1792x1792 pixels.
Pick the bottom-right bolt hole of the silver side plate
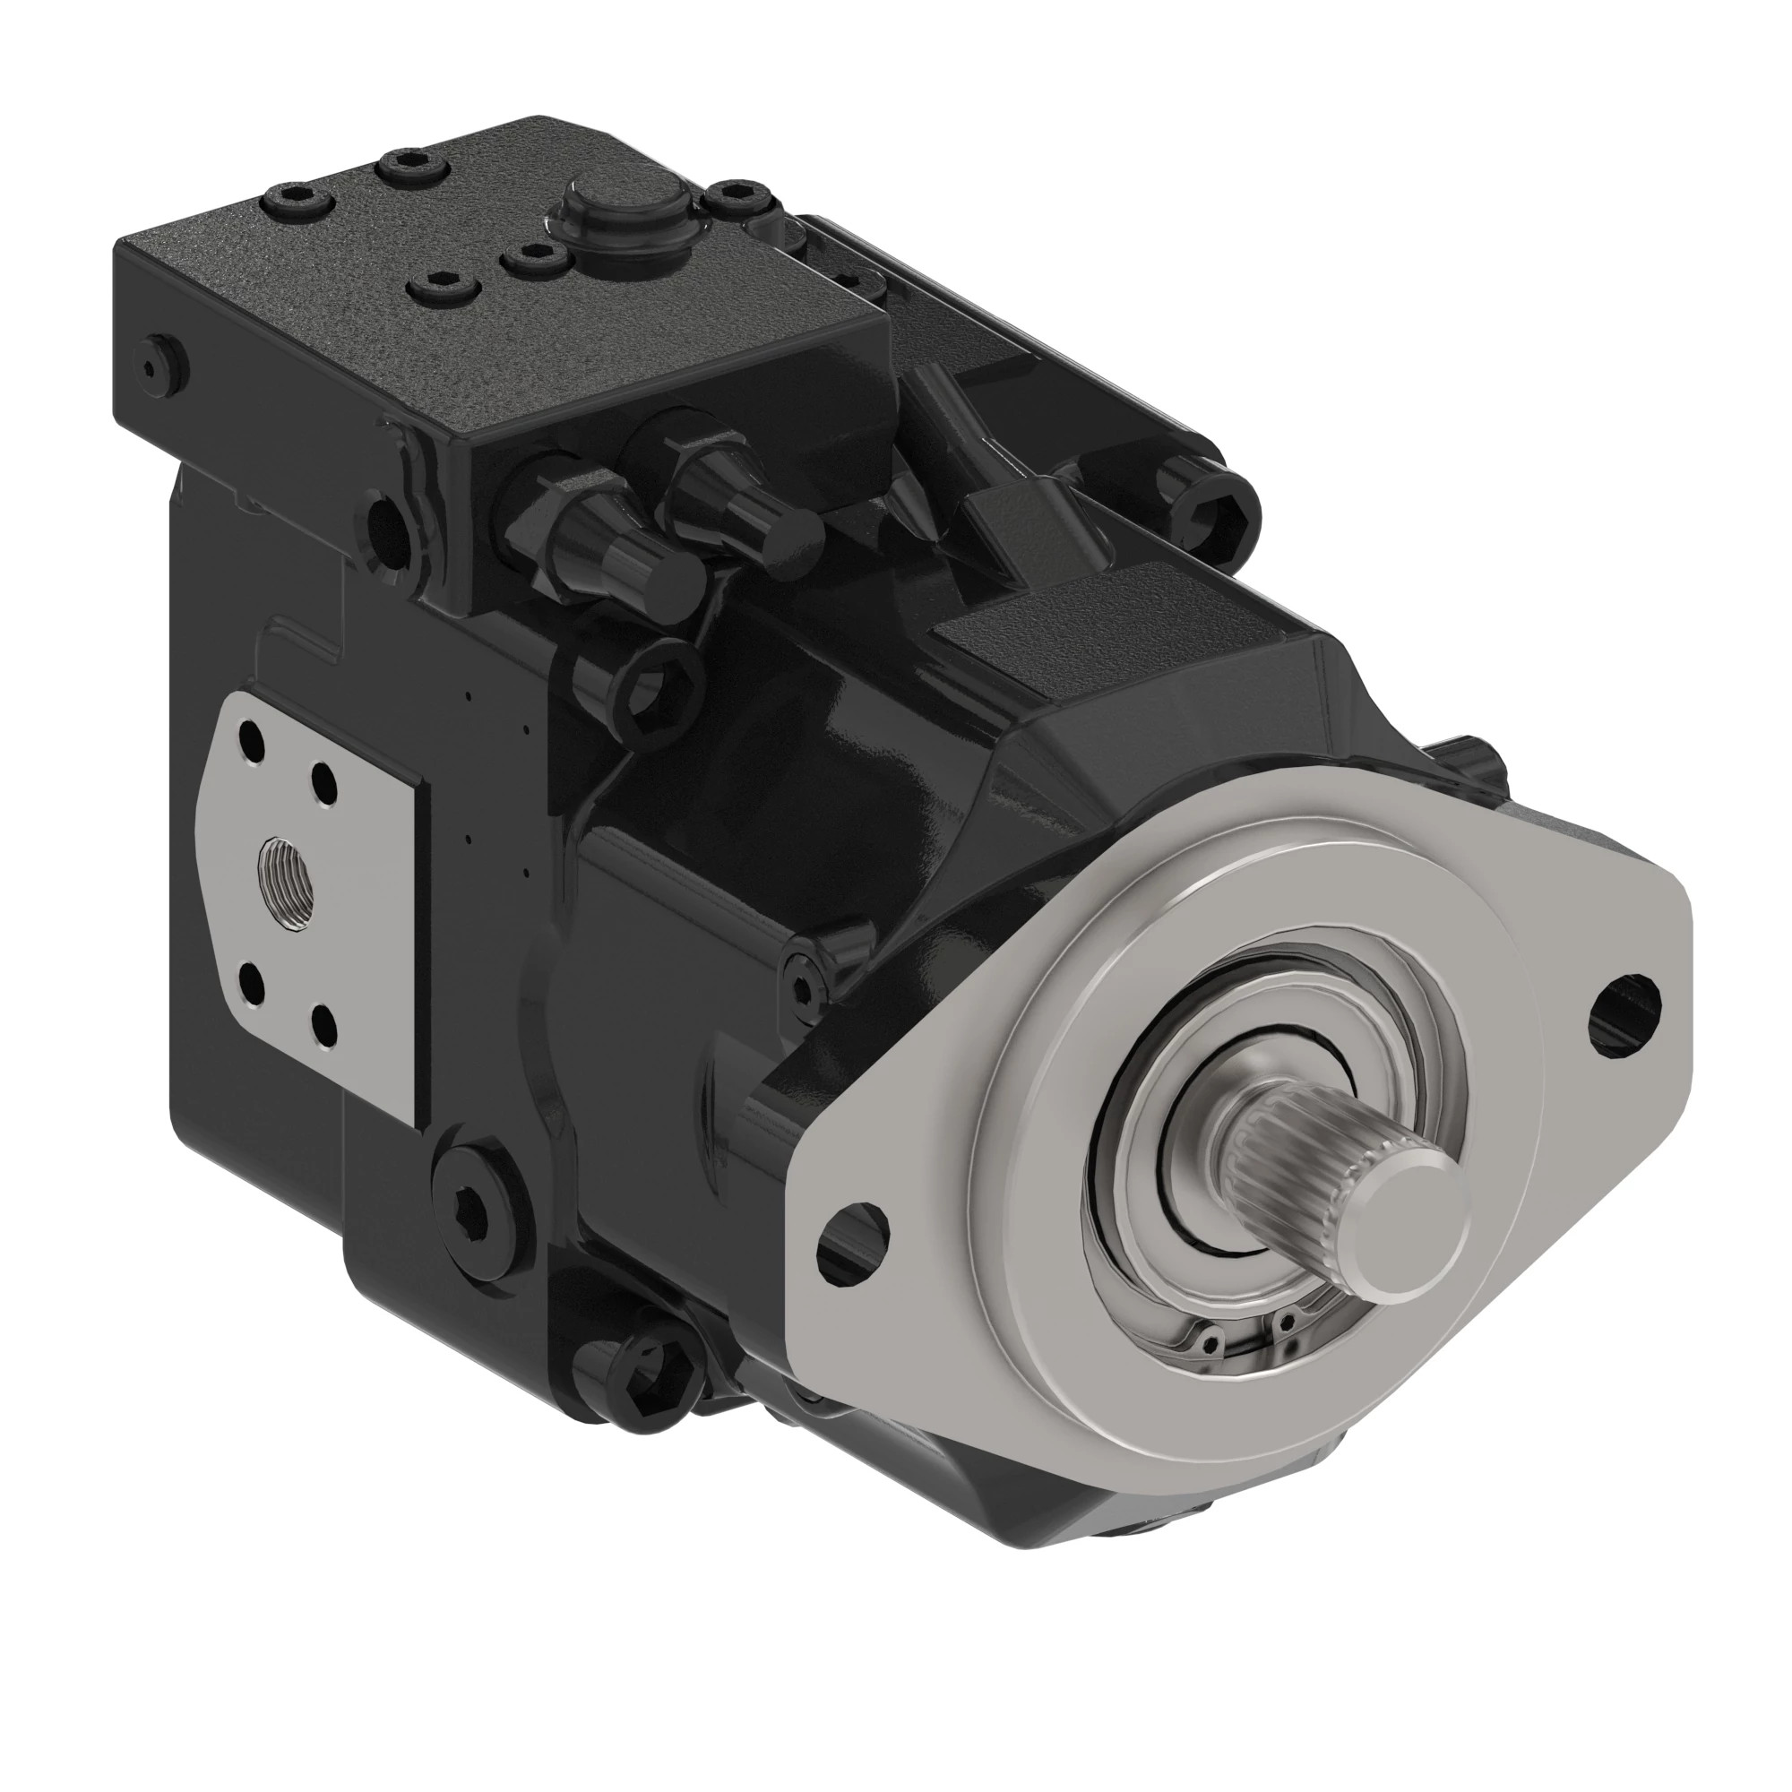click(323, 1026)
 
